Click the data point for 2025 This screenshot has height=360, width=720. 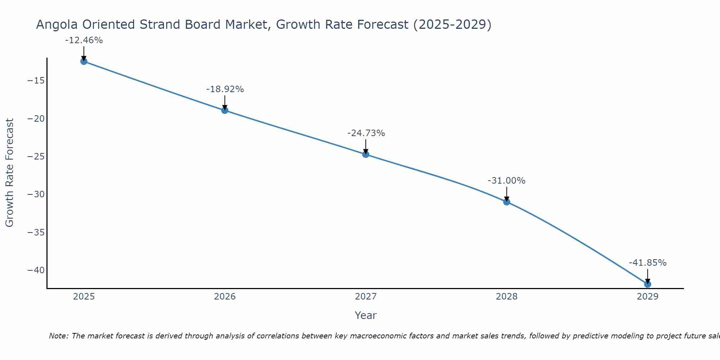point(84,61)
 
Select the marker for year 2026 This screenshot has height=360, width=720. point(225,110)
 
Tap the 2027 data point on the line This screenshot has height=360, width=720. point(366,154)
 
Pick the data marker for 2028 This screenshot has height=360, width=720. point(507,202)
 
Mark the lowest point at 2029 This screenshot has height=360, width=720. point(648,284)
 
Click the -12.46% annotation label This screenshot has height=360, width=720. point(84,40)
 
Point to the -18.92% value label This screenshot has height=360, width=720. point(225,89)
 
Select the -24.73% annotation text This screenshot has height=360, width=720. point(366,133)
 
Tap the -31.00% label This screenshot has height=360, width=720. point(507,181)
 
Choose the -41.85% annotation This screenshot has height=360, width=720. point(648,263)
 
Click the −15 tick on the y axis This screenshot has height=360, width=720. point(36,81)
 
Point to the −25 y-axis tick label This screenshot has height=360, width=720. point(36,157)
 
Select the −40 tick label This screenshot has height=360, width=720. point(36,270)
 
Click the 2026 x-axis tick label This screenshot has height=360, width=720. point(225,297)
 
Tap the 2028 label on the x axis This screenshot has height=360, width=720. point(507,297)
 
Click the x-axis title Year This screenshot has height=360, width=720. point(365,315)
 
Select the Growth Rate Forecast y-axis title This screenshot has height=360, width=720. point(10,173)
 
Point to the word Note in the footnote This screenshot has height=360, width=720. point(58,336)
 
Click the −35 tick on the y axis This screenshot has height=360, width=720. point(36,233)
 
